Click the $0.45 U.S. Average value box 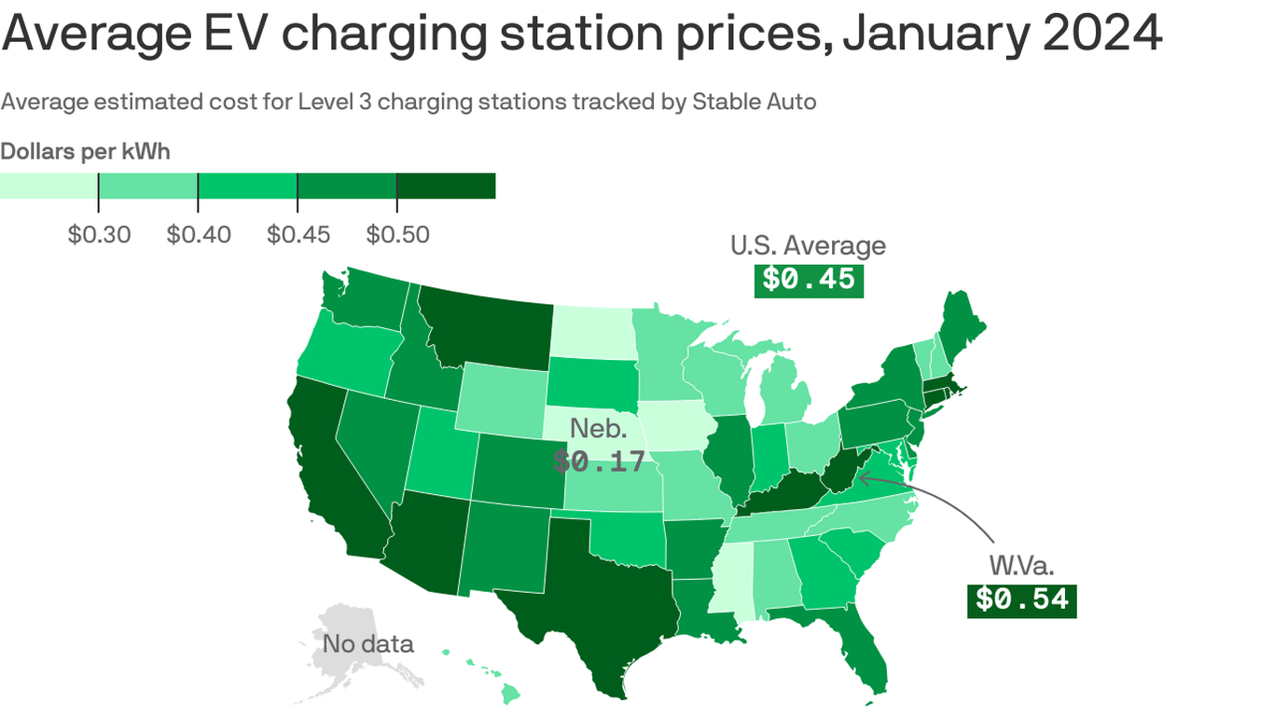coord(809,280)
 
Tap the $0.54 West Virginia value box coord(1021,599)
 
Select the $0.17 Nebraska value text coord(599,461)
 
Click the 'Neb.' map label coord(599,429)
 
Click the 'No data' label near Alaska coord(367,643)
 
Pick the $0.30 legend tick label coord(99,234)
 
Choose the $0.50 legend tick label coord(397,234)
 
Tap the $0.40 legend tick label coord(198,234)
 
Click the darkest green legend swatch coord(446,186)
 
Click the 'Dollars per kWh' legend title coord(85,151)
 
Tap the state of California coord(331,475)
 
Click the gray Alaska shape coord(345,653)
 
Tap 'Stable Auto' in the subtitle coord(754,102)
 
